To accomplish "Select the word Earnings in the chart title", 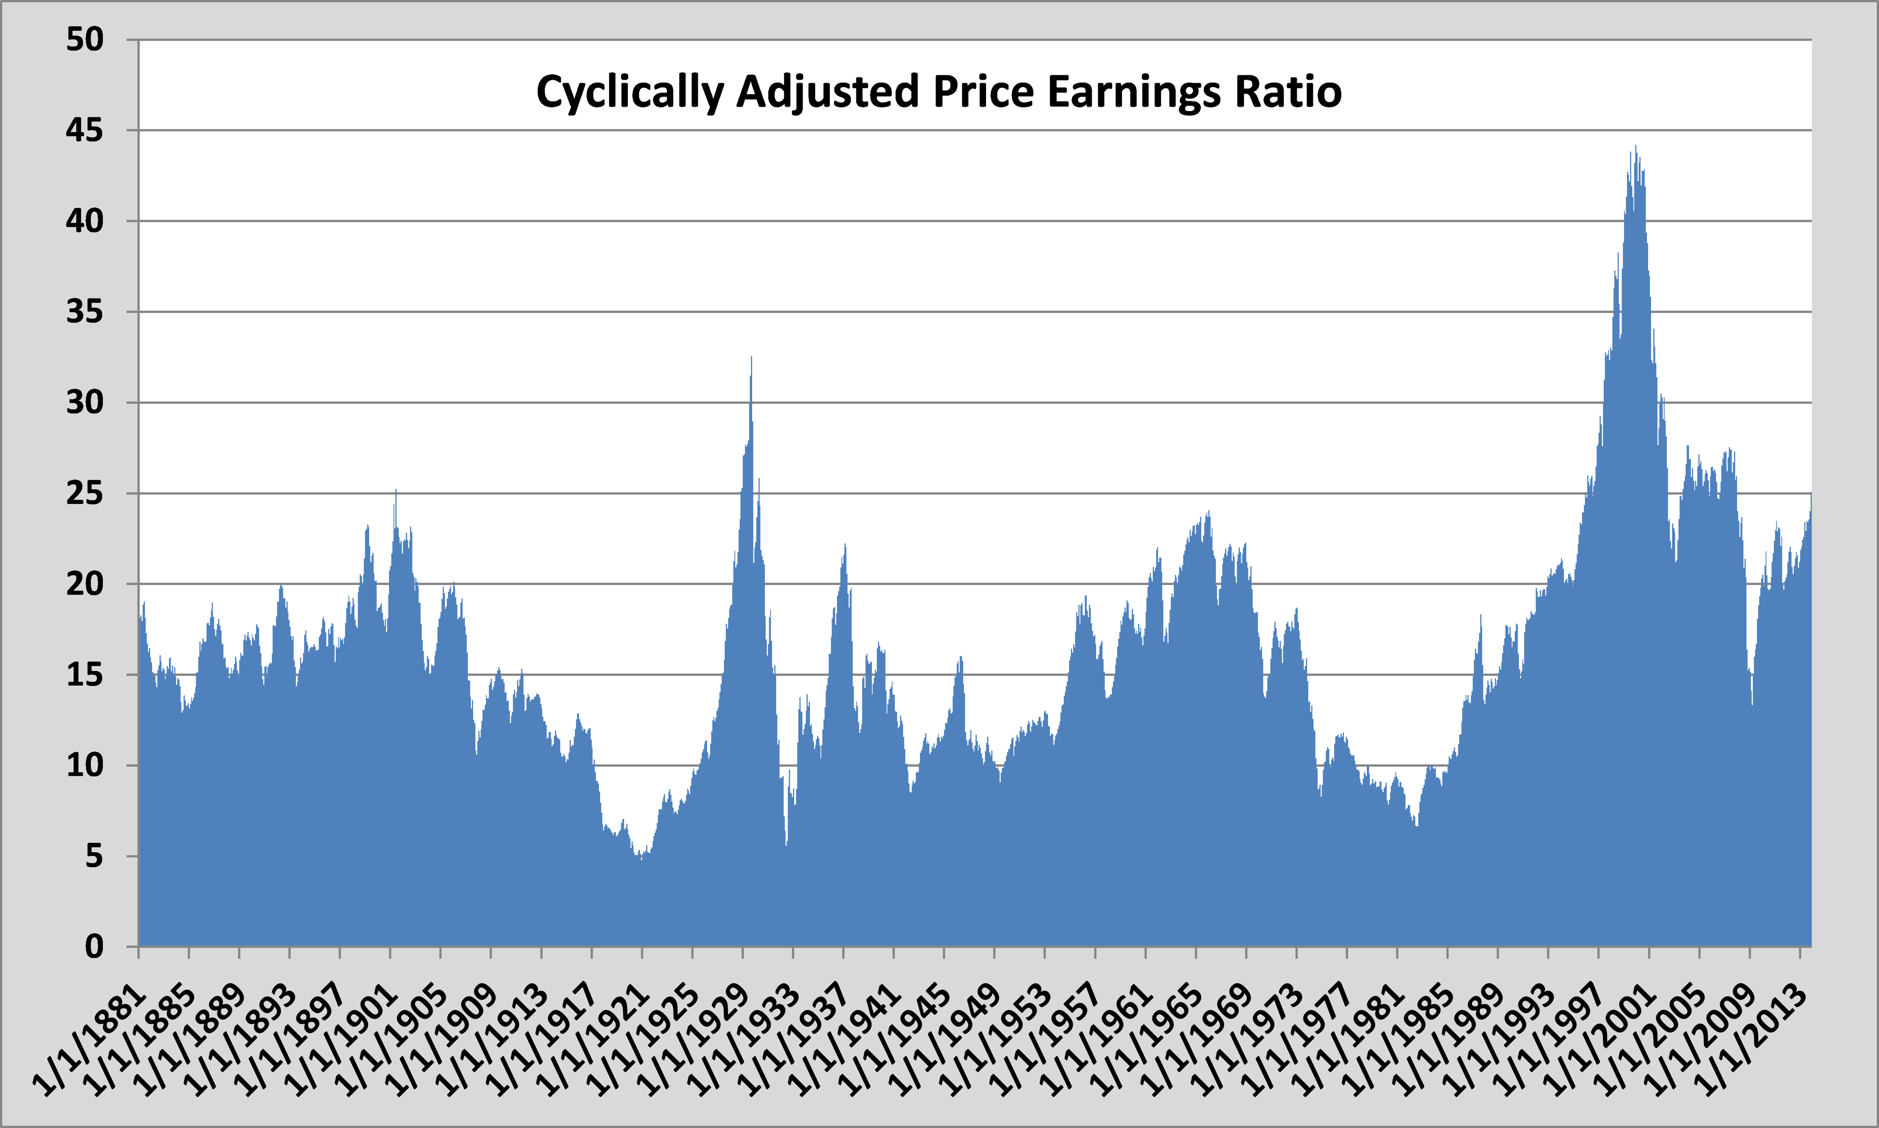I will (1135, 93).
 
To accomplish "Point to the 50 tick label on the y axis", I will (84, 40).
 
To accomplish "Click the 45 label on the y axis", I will (84, 131).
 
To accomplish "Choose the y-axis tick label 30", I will (84, 403).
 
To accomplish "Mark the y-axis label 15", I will (84, 675).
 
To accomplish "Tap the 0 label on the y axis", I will (94, 947).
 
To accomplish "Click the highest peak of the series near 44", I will (1636, 147).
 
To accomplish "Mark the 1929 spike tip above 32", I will (752, 357).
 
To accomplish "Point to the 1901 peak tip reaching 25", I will (395, 491).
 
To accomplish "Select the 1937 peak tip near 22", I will (845, 545).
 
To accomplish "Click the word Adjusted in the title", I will (828, 93).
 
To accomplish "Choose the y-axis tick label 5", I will (94, 857).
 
